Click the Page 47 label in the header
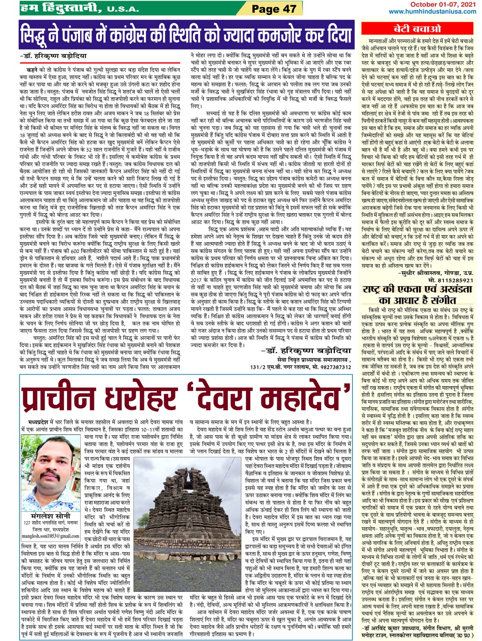[274, 8]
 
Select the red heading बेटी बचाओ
[417, 29]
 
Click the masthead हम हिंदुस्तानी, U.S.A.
[79, 8]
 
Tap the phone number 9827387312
[333, 367]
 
